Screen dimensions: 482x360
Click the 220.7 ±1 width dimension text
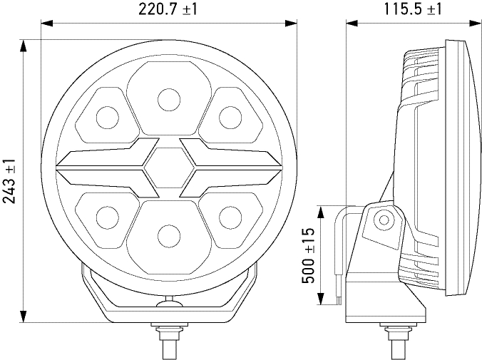[168, 9]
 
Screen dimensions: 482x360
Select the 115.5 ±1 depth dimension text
[413, 9]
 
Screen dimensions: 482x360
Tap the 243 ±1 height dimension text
[9, 181]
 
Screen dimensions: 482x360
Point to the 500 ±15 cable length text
[308, 256]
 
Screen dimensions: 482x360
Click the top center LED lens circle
[169, 100]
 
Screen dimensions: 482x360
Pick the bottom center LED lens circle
[169, 236]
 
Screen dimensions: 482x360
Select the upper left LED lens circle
[107, 117]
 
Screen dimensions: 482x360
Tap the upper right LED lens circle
[230, 117]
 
